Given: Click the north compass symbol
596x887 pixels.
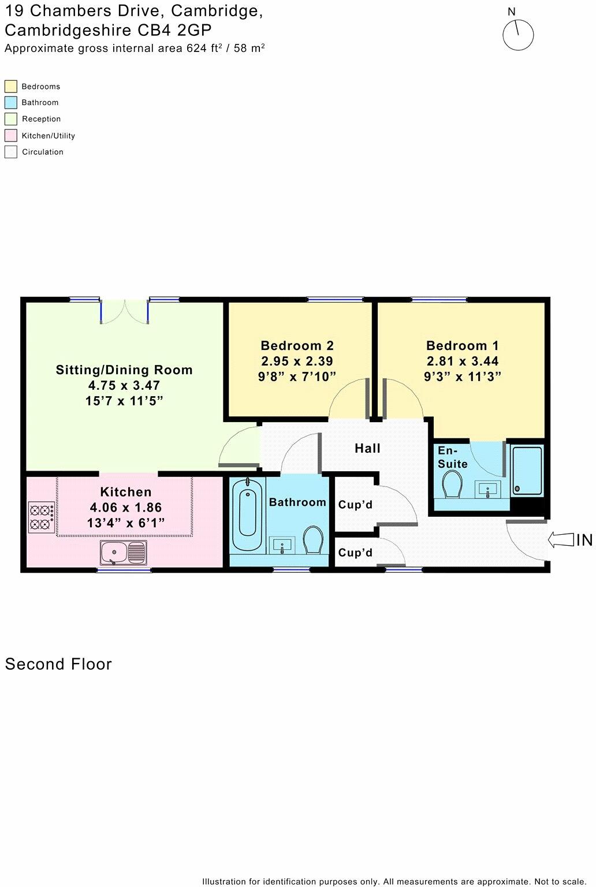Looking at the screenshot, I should tap(517, 35).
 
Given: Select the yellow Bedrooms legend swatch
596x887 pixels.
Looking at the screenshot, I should tap(10, 87).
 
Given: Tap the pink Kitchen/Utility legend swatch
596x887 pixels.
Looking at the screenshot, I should tap(10, 136).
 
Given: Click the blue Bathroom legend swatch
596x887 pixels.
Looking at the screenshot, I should tap(10, 103).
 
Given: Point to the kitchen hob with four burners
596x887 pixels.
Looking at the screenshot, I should tap(42, 517).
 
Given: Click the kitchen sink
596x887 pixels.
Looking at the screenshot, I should tap(123, 553).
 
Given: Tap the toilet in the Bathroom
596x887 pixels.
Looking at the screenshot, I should tap(314, 539).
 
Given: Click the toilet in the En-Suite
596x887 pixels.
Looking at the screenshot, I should tap(452, 484).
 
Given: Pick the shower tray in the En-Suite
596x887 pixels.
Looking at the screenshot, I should tap(527, 471).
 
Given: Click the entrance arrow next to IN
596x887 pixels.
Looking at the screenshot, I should tap(560, 540).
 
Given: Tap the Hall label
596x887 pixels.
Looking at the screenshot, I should tap(367, 448).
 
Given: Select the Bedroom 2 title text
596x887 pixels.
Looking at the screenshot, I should tap(297, 345).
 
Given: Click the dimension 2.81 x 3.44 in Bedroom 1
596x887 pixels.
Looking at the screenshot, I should tap(462, 361).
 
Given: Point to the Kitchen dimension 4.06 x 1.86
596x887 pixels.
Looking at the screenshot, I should tap(125, 508).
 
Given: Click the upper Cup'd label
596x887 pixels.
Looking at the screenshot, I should tap(355, 505).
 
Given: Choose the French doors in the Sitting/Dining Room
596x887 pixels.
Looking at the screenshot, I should tap(125, 311).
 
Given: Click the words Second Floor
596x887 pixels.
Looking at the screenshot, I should tap(58, 664).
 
